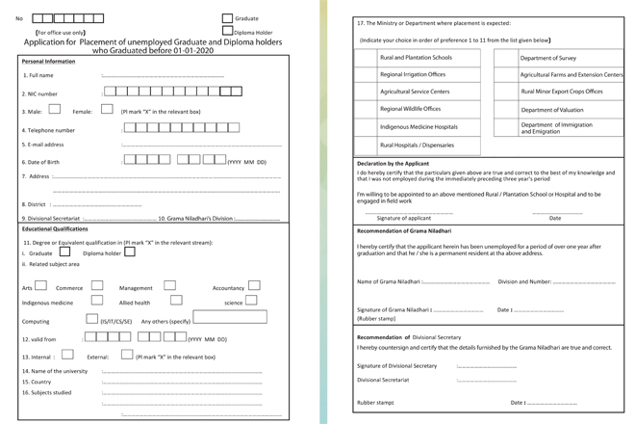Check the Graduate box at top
point(227,17)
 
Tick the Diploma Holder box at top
point(227,32)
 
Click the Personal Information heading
point(49,61)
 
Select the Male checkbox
point(54,110)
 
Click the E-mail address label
point(43,145)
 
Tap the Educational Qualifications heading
point(57,228)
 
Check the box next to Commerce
point(97,285)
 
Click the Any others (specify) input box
point(231,317)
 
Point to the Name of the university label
point(56,370)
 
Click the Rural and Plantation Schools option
point(415,58)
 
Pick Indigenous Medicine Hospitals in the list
point(419,127)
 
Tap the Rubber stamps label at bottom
point(375,402)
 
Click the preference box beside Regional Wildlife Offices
point(366,110)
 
